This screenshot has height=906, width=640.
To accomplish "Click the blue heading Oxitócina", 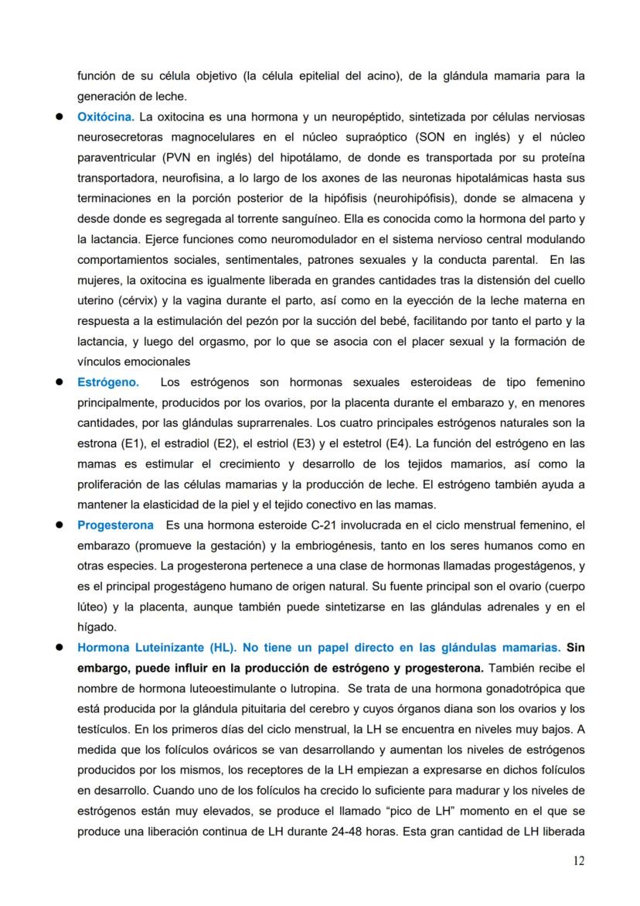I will click(x=106, y=117).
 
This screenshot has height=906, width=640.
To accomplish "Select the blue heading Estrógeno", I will click(x=108, y=382).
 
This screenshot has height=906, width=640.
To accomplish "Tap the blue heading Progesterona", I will click(x=115, y=525).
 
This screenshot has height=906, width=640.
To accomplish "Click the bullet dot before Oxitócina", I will click(x=58, y=117).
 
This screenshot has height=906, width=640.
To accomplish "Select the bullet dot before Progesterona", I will click(x=58, y=525).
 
